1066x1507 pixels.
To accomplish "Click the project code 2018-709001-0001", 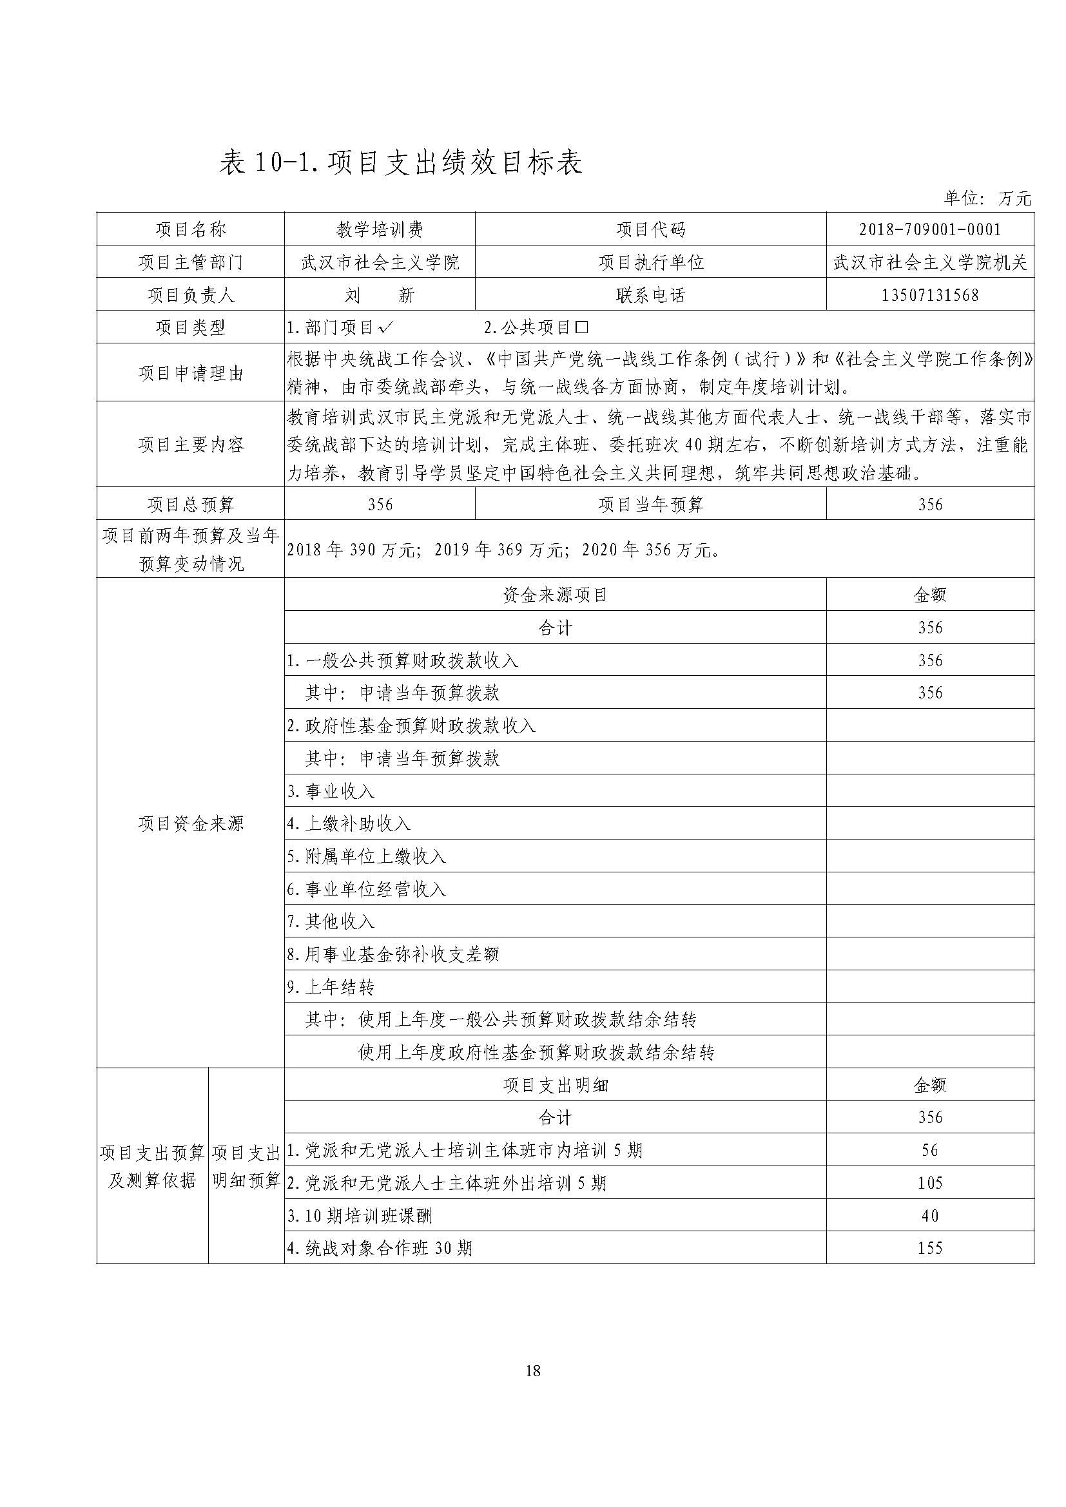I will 929,229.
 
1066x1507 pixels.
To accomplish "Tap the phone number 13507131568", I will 929,294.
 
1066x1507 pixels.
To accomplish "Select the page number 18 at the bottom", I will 533,1370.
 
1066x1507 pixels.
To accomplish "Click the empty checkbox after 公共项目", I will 581,327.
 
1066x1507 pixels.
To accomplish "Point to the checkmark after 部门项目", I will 387,327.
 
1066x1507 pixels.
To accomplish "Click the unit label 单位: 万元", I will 987,198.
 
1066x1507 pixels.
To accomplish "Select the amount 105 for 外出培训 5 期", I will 929,1183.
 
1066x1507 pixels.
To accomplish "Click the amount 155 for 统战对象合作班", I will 929,1248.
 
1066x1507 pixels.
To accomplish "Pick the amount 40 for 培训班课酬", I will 929,1216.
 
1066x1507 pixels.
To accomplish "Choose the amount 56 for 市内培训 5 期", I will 929,1150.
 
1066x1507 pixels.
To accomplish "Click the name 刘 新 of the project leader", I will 380,294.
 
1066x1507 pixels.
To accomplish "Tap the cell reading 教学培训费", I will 380,229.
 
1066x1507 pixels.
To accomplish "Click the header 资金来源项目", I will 555,595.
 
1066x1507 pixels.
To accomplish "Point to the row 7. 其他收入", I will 331,921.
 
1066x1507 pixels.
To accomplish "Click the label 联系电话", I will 650,294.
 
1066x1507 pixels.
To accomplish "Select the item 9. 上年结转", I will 331,987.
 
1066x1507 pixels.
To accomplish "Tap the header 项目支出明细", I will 555,1085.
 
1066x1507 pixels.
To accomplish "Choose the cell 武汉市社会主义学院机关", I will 929,262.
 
